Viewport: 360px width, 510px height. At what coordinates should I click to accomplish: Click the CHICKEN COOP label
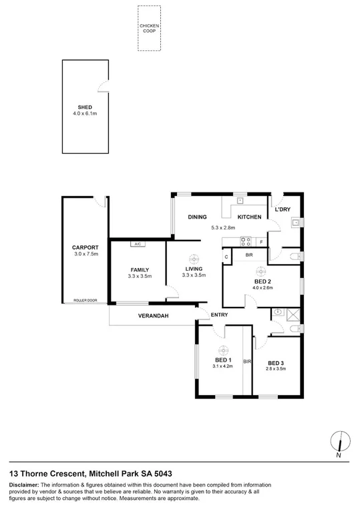(150, 27)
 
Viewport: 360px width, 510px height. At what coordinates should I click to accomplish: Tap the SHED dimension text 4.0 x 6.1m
(85, 114)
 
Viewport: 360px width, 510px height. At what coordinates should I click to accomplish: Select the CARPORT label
(85, 247)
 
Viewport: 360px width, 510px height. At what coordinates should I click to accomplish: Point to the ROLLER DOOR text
(85, 300)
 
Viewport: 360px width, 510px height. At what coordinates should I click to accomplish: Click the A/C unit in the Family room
(138, 244)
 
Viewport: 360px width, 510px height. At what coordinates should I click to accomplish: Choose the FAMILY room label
(140, 269)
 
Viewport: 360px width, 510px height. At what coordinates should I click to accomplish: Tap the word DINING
(197, 217)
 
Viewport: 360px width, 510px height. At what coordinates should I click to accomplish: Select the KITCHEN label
(249, 217)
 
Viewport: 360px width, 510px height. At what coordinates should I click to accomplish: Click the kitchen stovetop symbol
(245, 241)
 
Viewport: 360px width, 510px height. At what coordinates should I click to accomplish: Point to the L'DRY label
(283, 211)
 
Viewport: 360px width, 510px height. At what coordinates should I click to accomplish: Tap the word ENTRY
(220, 315)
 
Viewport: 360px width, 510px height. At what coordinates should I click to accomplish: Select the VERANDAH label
(153, 315)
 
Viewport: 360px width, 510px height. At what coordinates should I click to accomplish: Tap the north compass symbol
(340, 442)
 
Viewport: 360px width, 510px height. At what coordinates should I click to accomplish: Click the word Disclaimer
(23, 484)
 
